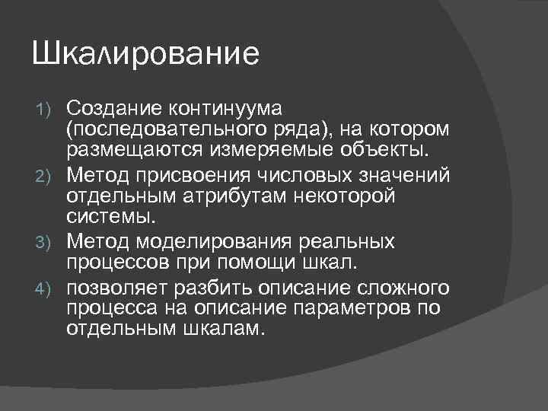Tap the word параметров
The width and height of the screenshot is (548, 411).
coord(356,309)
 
